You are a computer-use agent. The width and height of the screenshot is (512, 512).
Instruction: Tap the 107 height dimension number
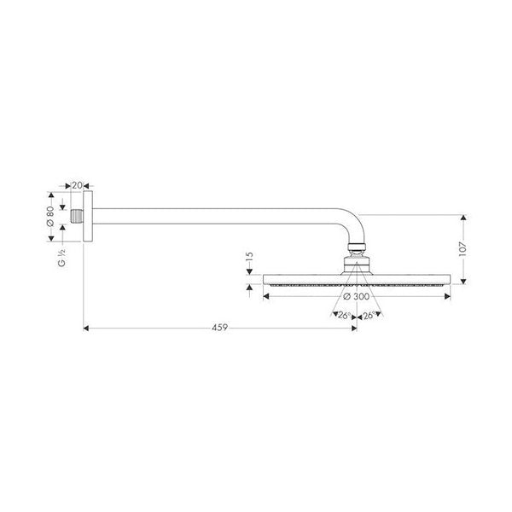pyautogui.click(x=463, y=247)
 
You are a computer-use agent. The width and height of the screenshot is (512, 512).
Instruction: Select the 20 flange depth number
pyautogui.click(x=77, y=184)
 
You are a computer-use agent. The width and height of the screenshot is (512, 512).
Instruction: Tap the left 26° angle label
pyautogui.click(x=344, y=316)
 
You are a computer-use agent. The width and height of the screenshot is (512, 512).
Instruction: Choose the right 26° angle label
pyautogui.click(x=370, y=316)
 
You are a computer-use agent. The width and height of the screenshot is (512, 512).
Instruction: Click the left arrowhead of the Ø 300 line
pyautogui.click(x=265, y=296)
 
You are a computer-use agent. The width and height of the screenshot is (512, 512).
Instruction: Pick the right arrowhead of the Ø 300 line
pyautogui.click(x=448, y=296)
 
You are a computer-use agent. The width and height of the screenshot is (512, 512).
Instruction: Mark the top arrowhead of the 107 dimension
pyautogui.click(x=463, y=217)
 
